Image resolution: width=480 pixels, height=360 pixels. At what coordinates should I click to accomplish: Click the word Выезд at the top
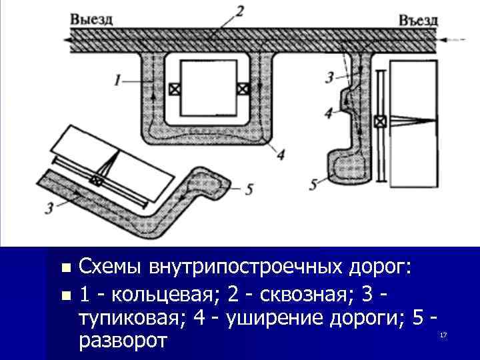tap(91, 19)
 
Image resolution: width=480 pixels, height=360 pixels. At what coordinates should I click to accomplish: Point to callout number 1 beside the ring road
tap(117, 81)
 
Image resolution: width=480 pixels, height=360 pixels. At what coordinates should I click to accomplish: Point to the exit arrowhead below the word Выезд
tap(69, 39)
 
